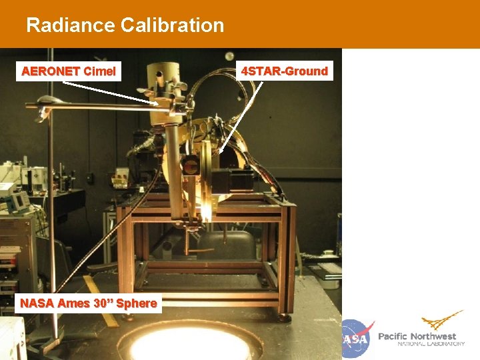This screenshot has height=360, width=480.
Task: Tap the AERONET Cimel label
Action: (69, 71)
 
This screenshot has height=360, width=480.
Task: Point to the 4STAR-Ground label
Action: (285, 71)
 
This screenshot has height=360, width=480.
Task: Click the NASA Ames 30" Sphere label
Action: (89, 303)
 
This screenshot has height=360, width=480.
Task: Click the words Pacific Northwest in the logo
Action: (417, 336)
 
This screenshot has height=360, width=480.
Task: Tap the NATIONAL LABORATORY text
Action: (431, 344)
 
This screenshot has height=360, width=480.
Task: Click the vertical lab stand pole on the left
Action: (52, 220)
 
